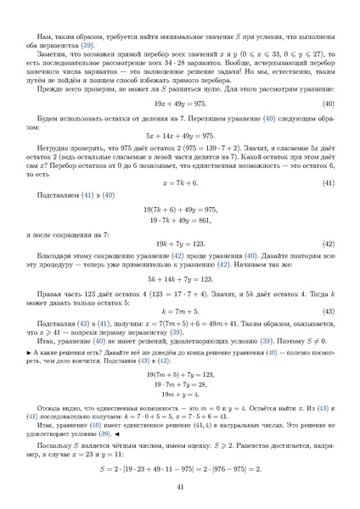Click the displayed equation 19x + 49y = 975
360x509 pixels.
(x=180, y=103)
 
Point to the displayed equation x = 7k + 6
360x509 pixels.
(x=180, y=182)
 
